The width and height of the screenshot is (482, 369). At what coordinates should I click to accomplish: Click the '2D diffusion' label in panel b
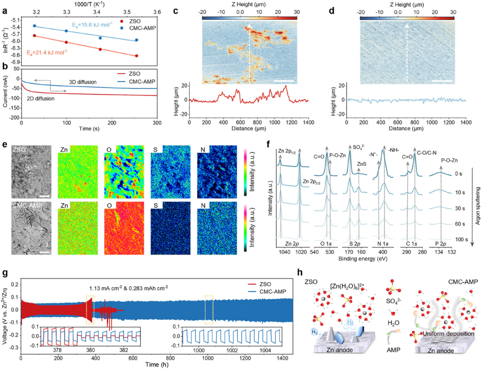41,99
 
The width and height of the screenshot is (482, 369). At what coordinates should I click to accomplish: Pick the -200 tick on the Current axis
14,118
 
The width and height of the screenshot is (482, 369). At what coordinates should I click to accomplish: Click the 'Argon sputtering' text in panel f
475,203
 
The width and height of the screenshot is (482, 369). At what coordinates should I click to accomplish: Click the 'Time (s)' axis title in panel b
88,127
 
